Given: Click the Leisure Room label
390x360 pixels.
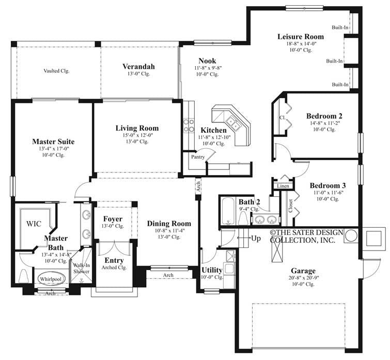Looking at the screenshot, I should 300,37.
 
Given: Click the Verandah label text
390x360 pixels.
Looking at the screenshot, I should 138,67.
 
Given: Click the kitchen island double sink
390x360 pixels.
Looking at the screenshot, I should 233,124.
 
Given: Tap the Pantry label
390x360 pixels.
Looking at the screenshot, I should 198,156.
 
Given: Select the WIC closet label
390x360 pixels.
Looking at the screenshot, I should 34,224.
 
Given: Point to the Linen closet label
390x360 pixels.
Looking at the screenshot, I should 283,185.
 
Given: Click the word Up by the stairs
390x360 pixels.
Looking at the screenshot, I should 256,239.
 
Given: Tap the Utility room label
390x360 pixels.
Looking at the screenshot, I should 212,270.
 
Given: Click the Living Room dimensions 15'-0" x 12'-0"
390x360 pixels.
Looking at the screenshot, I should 137,135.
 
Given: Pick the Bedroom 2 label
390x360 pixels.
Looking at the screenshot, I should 324,116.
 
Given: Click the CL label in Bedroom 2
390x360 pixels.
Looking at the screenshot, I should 283,117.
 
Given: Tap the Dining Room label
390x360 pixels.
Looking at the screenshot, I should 169,224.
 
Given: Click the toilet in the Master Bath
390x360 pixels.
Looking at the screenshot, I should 23,276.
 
